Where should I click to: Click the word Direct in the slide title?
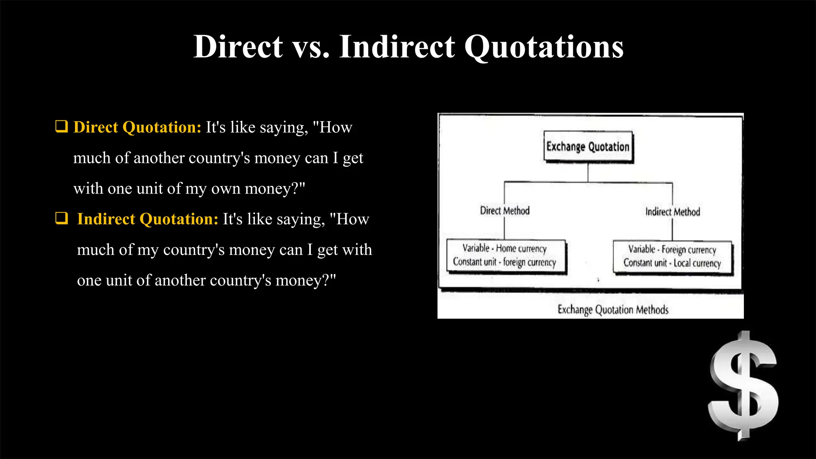point(238,47)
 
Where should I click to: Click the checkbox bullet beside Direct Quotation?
point(61,127)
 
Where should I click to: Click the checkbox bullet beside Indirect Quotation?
point(61,218)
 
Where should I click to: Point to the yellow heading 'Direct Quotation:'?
point(137,127)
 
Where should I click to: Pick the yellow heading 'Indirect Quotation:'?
point(148,219)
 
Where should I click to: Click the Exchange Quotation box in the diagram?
point(588,147)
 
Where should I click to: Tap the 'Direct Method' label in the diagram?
point(505,210)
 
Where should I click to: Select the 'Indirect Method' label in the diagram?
point(673,212)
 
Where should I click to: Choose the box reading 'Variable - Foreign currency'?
point(673,257)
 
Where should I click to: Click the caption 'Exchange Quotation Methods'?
point(613,310)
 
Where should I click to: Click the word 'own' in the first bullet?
point(226,189)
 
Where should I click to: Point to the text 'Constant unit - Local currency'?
point(672,263)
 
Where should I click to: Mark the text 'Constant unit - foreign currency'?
point(504,262)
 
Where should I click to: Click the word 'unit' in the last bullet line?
point(119,280)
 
